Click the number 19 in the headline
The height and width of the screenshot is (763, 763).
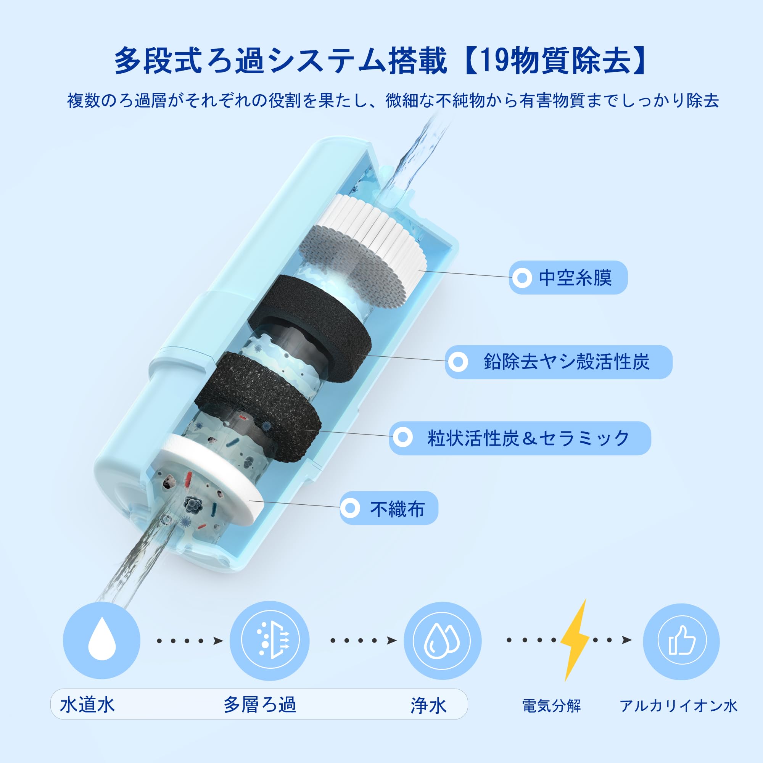pyautogui.click(x=486, y=61)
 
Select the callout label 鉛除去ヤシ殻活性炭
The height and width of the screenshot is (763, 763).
pyautogui.click(x=566, y=362)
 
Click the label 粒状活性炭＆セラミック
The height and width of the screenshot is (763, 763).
pyautogui.click(x=528, y=438)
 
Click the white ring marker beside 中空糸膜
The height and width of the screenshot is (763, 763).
pyautogui.click(x=522, y=278)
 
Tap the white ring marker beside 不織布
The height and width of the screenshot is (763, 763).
pyautogui.click(x=350, y=508)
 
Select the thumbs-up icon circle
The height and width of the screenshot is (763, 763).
pyautogui.click(x=681, y=641)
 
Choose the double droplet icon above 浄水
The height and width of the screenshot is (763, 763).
pyautogui.click(x=442, y=640)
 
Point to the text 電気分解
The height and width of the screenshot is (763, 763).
pyautogui.click(x=551, y=706)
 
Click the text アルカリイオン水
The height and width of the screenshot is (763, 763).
pyautogui.click(x=678, y=706)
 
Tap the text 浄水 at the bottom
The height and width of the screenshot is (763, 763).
pyautogui.click(x=428, y=705)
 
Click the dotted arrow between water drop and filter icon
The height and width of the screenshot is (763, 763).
pyautogui.click(x=190, y=641)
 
